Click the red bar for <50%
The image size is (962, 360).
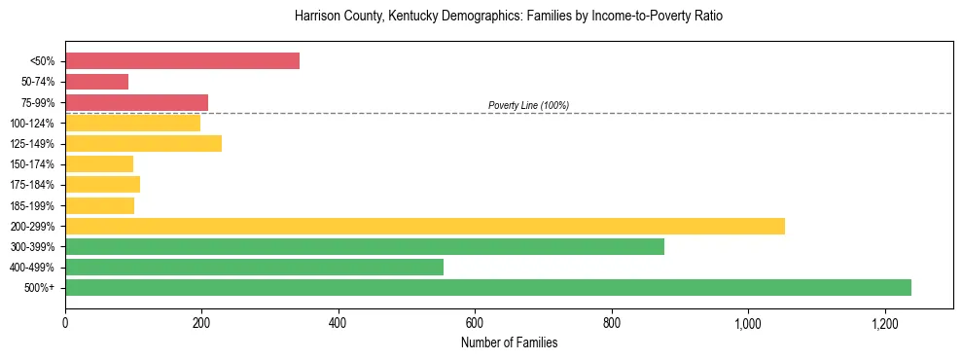[x=182, y=61]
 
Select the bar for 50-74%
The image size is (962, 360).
[x=96, y=82]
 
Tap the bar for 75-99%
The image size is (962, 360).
[x=136, y=102]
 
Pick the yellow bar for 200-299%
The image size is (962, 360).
[x=424, y=226]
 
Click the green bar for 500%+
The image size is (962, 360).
[x=487, y=287]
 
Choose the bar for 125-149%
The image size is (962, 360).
[x=143, y=143]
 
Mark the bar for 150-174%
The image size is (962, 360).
[x=98, y=163]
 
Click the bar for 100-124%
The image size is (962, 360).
[x=132, y=123]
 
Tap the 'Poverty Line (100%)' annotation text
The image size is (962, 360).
[x=528, y=105]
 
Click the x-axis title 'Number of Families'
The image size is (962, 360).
[x=509, y=342]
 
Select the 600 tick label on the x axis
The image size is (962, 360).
[x=475, y=321]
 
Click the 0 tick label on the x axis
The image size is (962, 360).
[x=65, y=321]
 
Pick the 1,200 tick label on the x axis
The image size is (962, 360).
[x=884, y=321]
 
